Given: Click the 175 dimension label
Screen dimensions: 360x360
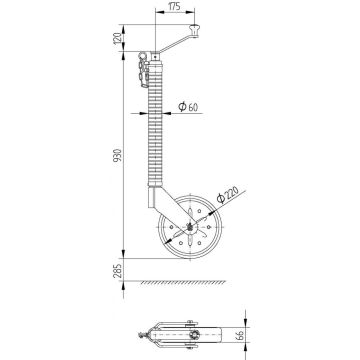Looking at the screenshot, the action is pyautogui.click(x=175, y=6).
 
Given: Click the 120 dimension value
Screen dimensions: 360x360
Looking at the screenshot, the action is pyautogui.click(x=118, y=38).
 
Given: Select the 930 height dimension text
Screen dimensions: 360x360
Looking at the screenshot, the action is pyautogui.click(x=118, y=155).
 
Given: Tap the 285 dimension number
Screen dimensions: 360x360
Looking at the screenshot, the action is pyautogui.click(x=118, y=271).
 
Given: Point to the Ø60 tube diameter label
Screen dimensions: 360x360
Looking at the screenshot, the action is pyautogui.click(x=188, y=107).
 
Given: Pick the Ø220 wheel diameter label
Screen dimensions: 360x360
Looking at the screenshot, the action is pyautogui.click(x=228, y=194).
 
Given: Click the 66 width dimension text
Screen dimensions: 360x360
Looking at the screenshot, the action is pyautogui.click(x=239, y=334).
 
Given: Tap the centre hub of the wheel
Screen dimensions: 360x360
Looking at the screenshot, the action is pyautogui.click(x=190, y=228).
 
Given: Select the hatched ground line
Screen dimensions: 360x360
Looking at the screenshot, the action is pyautogui.click(x=183, y=282).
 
